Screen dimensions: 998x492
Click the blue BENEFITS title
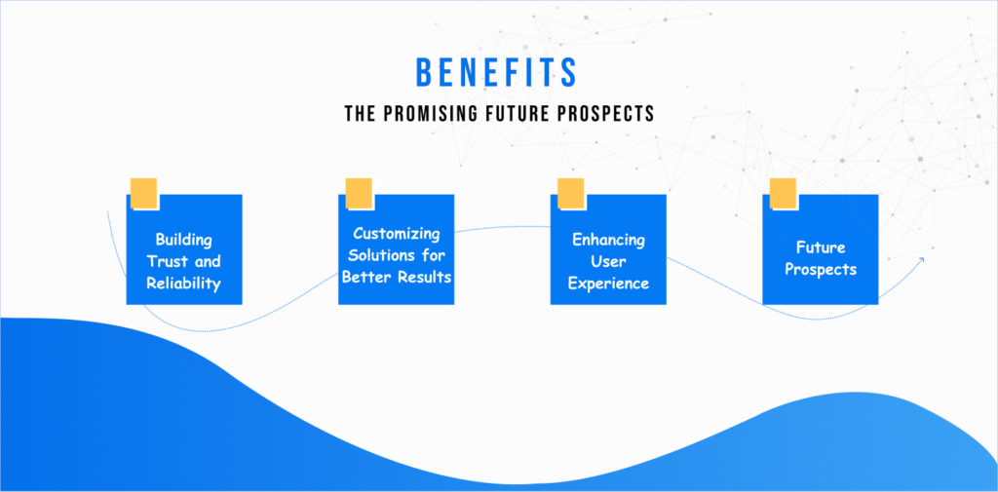click(x=496, y=72)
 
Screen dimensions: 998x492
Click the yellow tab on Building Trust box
click(x=144, y=193)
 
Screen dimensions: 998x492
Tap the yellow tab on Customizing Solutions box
click(x=359, y=193)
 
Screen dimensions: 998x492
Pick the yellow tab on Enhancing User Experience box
click(x=571, y=193)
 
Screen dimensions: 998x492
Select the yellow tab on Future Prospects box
click(x=783, y=193)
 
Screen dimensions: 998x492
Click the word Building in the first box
click(x=184, y=241)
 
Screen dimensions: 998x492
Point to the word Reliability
click(x=184, y=284)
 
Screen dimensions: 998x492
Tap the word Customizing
click(x=397, y=234)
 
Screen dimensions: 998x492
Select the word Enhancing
click(x=608, y=241)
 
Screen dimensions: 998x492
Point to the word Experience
click(x=608, y=284)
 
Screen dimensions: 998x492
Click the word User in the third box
click(x=608, y=262)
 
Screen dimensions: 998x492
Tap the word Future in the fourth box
click(x=821, y=247)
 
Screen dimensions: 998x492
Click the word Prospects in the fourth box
click(x=821, y=269)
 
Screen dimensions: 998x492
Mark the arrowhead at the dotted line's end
click(x=921, y=260)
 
